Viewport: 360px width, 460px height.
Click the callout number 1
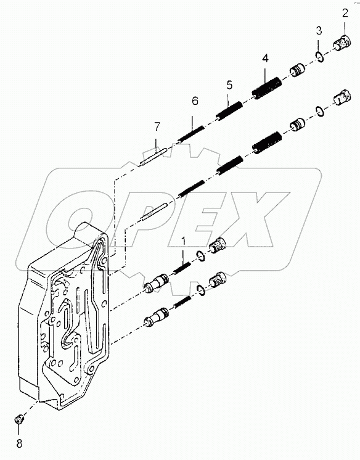(182, 240)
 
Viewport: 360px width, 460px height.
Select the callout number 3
(318, 31)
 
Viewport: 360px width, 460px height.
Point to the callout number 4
(265, 59)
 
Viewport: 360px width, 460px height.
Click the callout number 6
(195, 101)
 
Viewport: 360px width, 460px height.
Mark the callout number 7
(157, 127)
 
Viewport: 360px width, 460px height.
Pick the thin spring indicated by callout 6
(190, 134)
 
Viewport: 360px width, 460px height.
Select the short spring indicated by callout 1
(182, 268)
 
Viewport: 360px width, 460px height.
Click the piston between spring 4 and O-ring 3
(297, 70)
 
